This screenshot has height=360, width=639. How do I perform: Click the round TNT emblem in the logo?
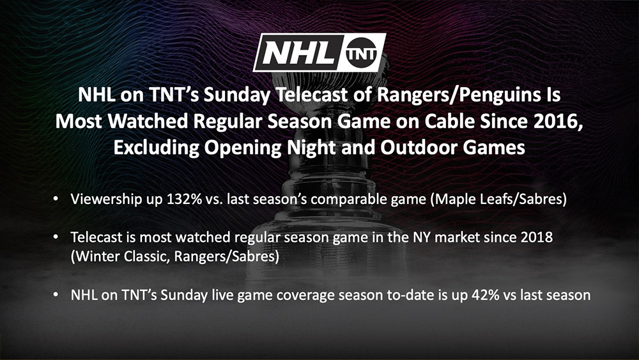tap(360, 53)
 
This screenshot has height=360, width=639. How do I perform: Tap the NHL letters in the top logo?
tap(297, 53)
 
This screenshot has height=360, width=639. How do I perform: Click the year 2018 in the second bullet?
tap(537, 237)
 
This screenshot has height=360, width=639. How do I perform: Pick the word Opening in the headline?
tap(243, 148)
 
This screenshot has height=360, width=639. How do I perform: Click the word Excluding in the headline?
tap(156, 148)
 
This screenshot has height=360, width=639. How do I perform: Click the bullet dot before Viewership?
tap(56, 199)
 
